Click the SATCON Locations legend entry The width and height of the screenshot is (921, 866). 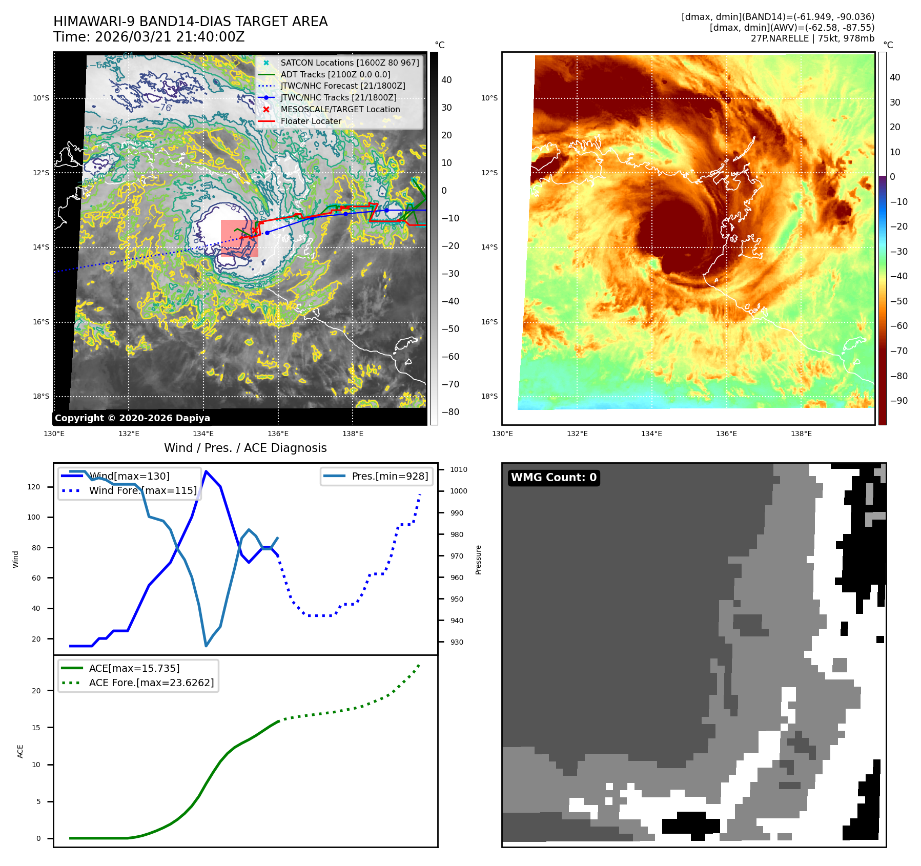[350, 63]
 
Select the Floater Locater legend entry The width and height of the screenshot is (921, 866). [311, 121]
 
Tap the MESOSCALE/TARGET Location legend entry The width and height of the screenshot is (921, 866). [340, 110]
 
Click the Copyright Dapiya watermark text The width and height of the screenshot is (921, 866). [132, 418]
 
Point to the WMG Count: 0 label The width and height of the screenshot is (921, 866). [554, 478]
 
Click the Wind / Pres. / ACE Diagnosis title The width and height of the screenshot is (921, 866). [245, 448]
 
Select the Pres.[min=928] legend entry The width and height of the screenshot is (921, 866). [390, 476]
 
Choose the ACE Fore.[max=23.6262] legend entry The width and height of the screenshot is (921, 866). [151, 683]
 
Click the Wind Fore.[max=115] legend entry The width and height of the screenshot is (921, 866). [142, 490]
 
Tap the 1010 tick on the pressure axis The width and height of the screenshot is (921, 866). [458, 469]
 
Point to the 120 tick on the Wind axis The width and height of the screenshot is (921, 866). [34, 487]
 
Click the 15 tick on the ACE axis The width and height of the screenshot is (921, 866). [36, 728]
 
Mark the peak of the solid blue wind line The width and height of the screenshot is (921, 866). [206, 471]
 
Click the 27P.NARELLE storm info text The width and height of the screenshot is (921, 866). [812, 38]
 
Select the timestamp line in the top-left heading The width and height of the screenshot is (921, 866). [149, 37]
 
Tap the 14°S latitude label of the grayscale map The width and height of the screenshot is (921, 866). [42, 247]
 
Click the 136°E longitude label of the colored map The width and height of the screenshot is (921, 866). [726, 434]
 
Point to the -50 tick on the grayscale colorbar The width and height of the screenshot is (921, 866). [451, 329]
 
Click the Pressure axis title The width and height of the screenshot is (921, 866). [478, 560]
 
